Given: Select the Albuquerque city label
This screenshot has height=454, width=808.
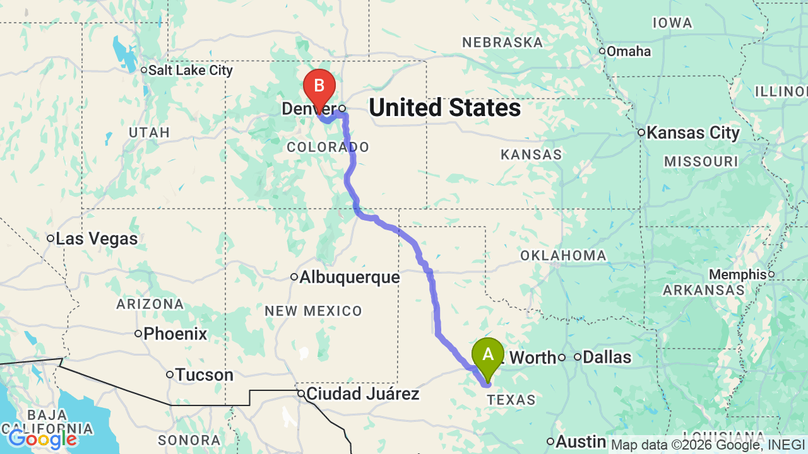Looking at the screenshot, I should click(350, 277).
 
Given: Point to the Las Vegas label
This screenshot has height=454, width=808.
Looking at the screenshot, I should click(97, 239).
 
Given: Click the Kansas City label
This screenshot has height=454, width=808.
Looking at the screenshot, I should click(693, 133).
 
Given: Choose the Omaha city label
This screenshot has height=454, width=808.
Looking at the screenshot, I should click(629, 51).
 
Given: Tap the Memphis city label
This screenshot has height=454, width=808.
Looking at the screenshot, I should click(737, 275).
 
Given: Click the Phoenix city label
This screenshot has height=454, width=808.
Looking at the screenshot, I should click(175, 334).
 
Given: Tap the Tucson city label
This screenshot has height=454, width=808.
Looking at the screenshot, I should click(205, 375).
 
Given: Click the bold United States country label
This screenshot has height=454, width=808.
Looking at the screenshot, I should click(445, 108).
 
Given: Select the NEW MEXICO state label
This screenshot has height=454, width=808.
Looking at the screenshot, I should click(314, 311).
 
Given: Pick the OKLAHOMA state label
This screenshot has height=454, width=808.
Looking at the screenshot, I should click(563, 255).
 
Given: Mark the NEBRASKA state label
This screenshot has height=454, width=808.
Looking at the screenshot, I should click(502, 42).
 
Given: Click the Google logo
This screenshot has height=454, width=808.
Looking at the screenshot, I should click(43, 439).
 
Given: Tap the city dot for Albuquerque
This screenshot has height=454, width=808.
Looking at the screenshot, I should click(294, 277).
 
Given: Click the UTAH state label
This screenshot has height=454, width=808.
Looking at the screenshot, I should click(150, 132).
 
